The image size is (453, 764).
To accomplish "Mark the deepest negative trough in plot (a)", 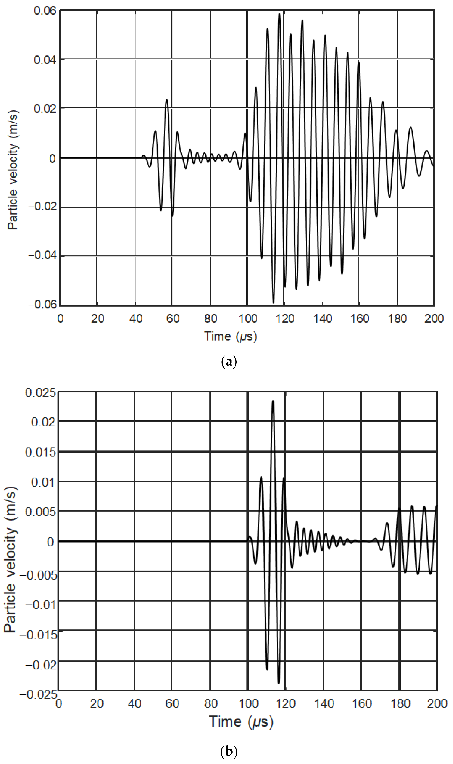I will tap(273, 302).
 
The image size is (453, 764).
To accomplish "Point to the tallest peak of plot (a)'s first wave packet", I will tap(167, 100).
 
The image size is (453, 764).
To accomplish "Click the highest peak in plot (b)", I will tap(273, 401).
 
